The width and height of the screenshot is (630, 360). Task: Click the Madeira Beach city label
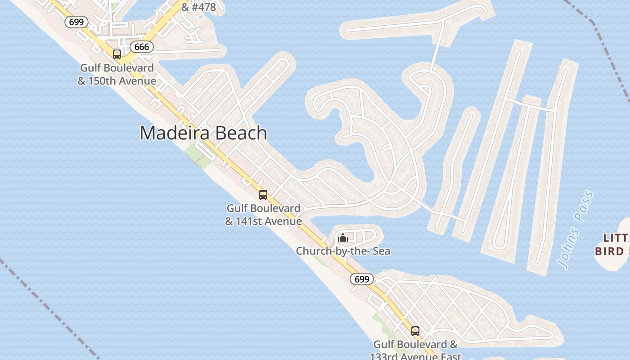203,133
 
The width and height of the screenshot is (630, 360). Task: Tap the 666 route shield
142,47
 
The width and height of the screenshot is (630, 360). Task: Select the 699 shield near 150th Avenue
76,22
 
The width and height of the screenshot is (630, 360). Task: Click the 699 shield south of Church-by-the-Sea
362,279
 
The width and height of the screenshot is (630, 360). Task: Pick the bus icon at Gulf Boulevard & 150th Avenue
117,54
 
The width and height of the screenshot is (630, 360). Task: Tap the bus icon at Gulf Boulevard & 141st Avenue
263,195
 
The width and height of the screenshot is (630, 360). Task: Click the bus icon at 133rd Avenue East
415,331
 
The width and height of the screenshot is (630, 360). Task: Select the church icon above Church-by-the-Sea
343,237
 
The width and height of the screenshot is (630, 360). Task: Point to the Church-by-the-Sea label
343,251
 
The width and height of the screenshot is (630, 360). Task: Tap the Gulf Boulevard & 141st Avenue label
263,215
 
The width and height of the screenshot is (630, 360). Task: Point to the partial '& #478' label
198,7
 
